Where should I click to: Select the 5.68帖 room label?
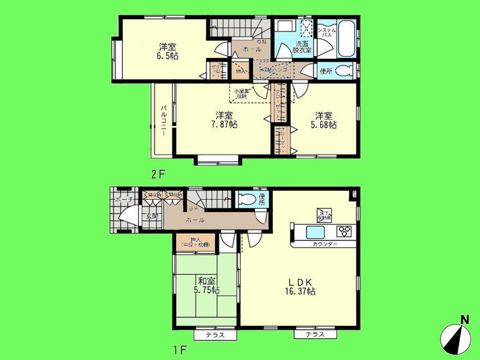(x=325, y=119)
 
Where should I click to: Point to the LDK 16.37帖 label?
(x=300, y=286)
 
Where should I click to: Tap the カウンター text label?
(x=325, y=244)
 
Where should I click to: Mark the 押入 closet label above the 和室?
(x=195, y=242)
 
